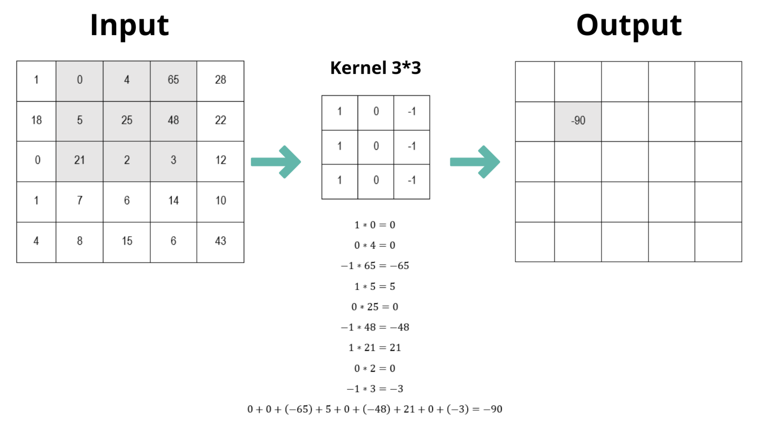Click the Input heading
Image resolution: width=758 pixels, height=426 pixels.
click(129, 26)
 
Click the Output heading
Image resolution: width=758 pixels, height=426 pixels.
click(629, 26)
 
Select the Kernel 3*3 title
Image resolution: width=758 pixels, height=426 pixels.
click(376, 68)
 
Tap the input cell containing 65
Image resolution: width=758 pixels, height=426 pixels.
click(173, 80)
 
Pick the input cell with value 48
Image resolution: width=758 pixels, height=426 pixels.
click(173, 120)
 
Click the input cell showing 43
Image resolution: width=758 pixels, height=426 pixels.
click(220, 241)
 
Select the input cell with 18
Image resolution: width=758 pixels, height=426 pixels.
click(36, 120)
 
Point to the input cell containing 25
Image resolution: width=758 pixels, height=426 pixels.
click(127, 120)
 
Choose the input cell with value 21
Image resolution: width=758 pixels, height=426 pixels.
click(79, 160)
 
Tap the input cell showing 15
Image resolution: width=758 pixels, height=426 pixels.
click(127, 241)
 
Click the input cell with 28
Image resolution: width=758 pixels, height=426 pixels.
click(220, 80)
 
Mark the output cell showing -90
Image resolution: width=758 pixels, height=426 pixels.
click(578, 121)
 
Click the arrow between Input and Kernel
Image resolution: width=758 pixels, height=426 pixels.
click(276, 162)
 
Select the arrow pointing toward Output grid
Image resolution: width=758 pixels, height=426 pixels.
click(475, 162)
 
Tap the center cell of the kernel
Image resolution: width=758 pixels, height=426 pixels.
click(376, 146)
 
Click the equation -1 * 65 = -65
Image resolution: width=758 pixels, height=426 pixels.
click(375, 266)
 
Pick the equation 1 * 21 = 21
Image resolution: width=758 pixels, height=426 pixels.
click(375, 348)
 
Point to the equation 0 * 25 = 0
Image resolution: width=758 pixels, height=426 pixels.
click(375, 307)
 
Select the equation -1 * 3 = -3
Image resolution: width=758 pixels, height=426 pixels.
click(375, 389)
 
